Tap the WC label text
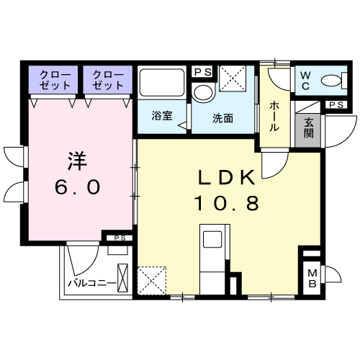pos(305,81)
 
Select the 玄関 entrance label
pos(308,129)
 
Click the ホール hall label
pos(274,117)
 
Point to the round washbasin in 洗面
pos(204,92)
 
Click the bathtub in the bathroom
pos(162,83)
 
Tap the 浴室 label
pos(162,116)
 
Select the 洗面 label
pos(222,118)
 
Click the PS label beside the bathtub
pos(203,72)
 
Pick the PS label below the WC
pos(336,105)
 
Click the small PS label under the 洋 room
pos(120,238)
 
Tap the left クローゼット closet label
pos(55,80)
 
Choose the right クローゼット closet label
pos(108,80)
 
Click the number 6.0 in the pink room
pos(77,187)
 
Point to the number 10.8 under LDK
pos(228,204)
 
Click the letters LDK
pos(226,177)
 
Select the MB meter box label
pos(312,279)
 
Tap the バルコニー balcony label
pos(92,284)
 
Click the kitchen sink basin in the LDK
pos(212,239)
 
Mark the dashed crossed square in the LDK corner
pos(152,281)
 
